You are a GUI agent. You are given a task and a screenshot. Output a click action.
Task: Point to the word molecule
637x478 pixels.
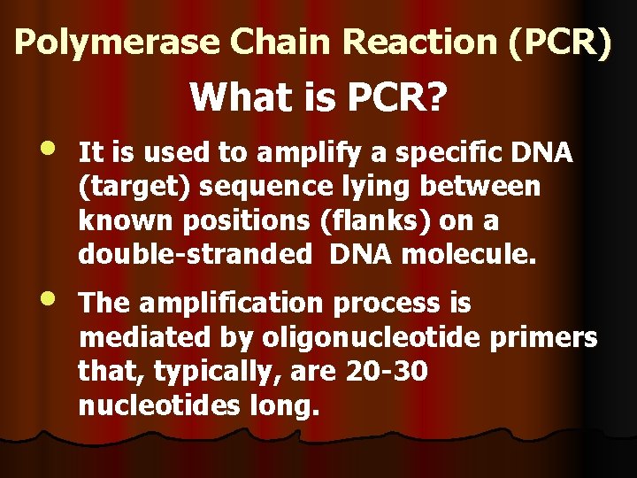(x=469, y=255)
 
